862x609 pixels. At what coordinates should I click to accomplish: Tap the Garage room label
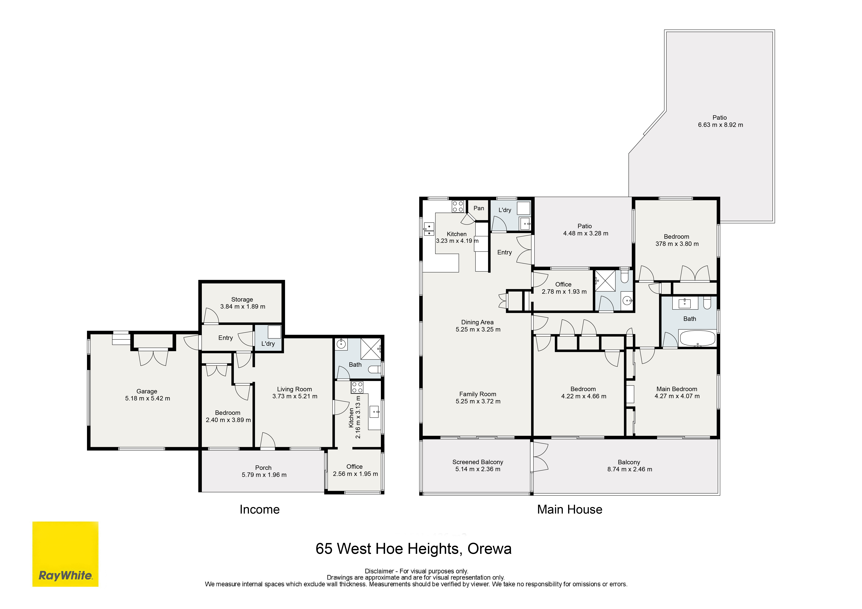pos(147,391)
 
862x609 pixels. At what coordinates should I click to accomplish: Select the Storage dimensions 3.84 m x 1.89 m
pos(243,307)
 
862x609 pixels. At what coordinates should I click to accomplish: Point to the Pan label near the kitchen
pos(479,208)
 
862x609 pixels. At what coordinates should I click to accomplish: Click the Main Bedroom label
pos(677,389)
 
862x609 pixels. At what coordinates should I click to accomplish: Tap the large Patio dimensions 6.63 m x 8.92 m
pos(720,125)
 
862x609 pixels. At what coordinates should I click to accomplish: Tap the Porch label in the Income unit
pos(263,468)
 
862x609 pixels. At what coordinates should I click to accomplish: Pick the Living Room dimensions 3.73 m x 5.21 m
pos(295,396)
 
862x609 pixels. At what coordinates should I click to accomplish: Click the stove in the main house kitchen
pos(458,206)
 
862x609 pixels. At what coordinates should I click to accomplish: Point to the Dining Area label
pos(478,322)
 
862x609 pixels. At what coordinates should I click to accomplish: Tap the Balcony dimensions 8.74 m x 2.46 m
pos(630,469)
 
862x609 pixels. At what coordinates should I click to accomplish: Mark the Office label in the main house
pos(563,284)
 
